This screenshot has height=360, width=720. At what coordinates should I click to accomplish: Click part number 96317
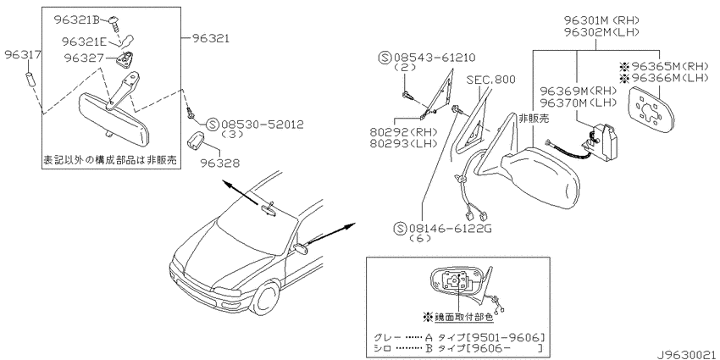pyautogui.click(x=23, y=56)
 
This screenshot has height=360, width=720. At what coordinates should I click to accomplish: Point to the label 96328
pyautogui.click(x=220, y=163)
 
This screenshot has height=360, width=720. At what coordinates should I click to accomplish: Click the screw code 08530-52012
pyautogui.click(x=263, y=124)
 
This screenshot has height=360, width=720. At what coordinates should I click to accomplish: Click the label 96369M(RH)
pyautogui.click(x=578, y=91)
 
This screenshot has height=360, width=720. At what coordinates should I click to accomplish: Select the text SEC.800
pyautogui.click(x=490, y=80)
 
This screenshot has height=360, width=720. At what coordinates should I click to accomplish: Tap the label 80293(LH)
pyautogui.click(x=403, y=143)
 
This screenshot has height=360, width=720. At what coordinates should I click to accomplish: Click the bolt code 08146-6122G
pyautogui.click(x=450, y=228)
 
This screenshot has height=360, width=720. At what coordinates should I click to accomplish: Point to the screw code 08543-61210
pyautogui.click(x=434, y=58)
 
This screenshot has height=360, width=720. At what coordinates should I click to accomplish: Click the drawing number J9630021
pyautogui.click(x=688, y=355)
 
